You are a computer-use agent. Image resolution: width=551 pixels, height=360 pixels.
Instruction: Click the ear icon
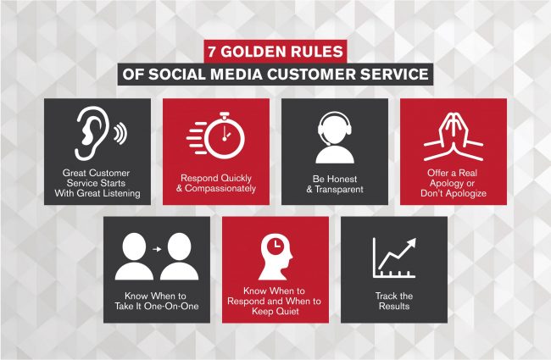[91, 134]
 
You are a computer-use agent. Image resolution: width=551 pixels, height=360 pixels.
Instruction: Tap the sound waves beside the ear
[120, 134]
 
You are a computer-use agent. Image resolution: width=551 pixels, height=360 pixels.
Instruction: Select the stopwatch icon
[216, 135]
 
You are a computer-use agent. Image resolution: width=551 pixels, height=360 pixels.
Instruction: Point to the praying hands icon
[454, 136]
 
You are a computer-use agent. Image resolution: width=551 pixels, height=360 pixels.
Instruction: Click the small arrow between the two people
[157, 249]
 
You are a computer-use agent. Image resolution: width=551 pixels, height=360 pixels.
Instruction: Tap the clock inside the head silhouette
[275, 244]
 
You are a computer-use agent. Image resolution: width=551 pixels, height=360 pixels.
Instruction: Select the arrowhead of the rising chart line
[411, 243]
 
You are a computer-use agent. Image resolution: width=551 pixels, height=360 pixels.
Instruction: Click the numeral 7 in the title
[212, 52]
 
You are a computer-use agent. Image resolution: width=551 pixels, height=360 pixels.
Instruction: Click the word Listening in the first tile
[119, 193]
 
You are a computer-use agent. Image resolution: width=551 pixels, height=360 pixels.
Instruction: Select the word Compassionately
[220, 189]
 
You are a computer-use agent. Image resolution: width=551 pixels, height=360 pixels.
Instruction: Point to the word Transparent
[339, 189]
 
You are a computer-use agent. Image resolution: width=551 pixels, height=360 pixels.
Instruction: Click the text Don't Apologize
[454, 193]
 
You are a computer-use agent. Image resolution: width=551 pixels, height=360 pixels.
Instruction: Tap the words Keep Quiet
[275, 312]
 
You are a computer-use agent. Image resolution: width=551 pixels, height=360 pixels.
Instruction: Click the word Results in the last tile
[394, 307]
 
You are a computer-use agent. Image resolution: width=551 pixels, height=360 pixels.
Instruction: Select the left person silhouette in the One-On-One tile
[134, 257]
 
